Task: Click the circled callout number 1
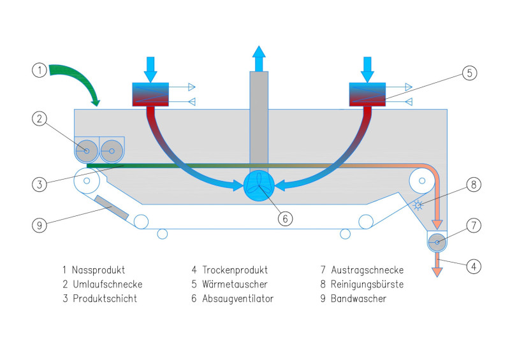(x=40, y=70)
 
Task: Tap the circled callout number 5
(x=469, y=73)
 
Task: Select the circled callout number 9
(x=40, y=225)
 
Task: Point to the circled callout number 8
(x=472, y=185)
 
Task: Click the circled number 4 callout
(x=472, y=267)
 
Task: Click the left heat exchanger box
(x=150, y=94)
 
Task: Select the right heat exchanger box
(x=368, y=94)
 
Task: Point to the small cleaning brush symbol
(x=418, y=206)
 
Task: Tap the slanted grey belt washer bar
(x=112, y=207)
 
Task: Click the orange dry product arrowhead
(x=437, y=272)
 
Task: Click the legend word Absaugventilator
(x=238, y=298)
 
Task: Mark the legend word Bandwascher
(x=358, y=298)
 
